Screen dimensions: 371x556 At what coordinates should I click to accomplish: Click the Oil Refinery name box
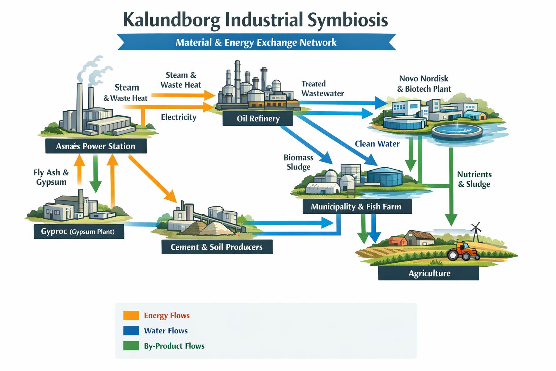(x=258, y=118)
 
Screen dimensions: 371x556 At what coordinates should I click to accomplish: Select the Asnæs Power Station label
(x=96, y=146)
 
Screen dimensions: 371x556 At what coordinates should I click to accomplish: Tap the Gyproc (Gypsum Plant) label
(x=79, y=232)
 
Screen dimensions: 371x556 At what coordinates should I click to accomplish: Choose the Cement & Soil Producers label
(x=216, y=247)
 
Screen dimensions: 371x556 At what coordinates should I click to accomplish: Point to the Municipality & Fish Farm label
(x=357, y=207)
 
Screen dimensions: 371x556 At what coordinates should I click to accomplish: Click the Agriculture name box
(x=429, y=273)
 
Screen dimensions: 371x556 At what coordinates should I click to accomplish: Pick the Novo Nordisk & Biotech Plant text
(x=424, y=84)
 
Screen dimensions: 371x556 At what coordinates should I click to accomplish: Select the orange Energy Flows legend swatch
(x=131, y=316)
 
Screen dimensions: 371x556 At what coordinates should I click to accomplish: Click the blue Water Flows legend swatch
(x=131, y=331)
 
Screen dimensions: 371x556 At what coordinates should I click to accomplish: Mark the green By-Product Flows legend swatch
(x=131, y=346)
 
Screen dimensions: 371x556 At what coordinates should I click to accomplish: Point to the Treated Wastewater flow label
(x=322, y=89)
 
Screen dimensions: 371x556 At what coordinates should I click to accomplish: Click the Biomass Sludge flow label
(x=299, y=162)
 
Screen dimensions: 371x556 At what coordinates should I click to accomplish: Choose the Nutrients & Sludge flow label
(x=474, y=179)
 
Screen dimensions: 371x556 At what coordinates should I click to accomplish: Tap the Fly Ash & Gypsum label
(x=51, y=177)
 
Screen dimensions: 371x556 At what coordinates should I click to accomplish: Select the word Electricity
(x=178, y=117)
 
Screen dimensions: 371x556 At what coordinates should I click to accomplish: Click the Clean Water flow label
(x=377, y=144)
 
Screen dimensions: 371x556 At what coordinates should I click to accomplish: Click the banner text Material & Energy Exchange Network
(x=256, y=42)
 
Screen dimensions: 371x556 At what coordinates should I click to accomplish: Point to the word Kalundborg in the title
(x=172, y=20)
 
